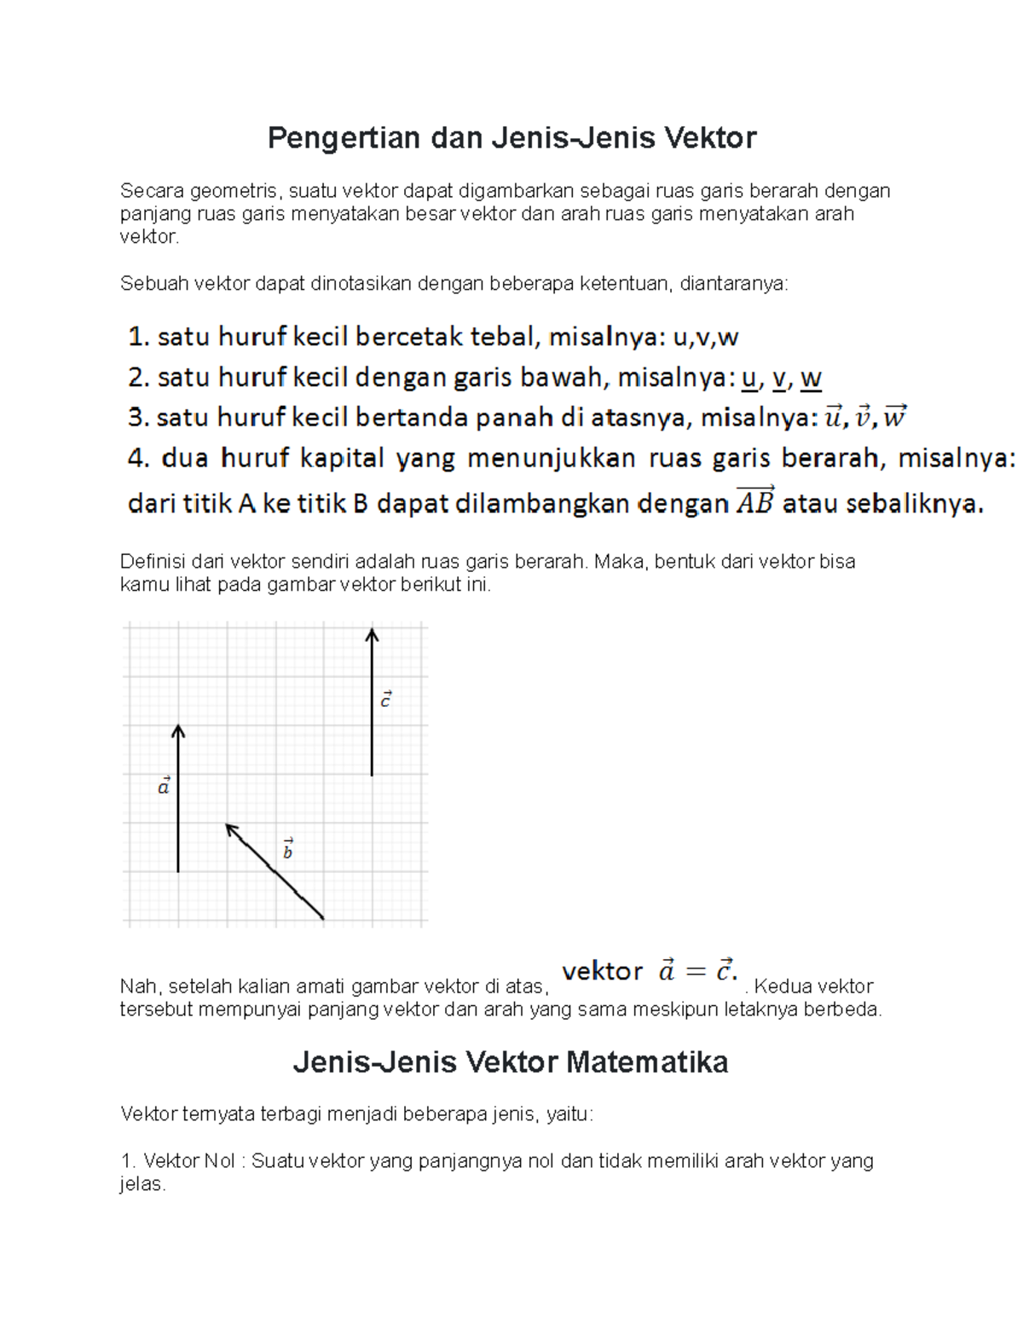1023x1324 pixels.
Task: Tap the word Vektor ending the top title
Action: (x=710, y=138)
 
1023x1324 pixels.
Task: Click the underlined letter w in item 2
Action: (x=811, y=378)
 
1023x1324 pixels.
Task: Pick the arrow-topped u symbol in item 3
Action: (x=832, y=417)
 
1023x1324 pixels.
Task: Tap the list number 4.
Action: (x=138, y=459)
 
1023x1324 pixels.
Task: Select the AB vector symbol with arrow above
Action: (x=754, y=500)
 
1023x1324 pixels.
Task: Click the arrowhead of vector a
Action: (x=178, y=730)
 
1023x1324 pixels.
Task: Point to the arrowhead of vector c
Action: (x=372, y=633)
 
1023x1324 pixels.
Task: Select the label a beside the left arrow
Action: (x=164, y=785)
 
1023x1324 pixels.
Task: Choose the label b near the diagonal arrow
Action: (x=288, y=849)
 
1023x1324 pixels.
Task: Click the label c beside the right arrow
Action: (x=385, y=699)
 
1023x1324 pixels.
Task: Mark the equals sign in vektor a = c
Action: (x=696, y=971)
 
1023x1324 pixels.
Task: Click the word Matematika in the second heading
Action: (x=647, y=1062)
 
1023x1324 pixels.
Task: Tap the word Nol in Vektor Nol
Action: (x=218, y=1161)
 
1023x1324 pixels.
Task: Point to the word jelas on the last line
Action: (x=142, y=1184)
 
